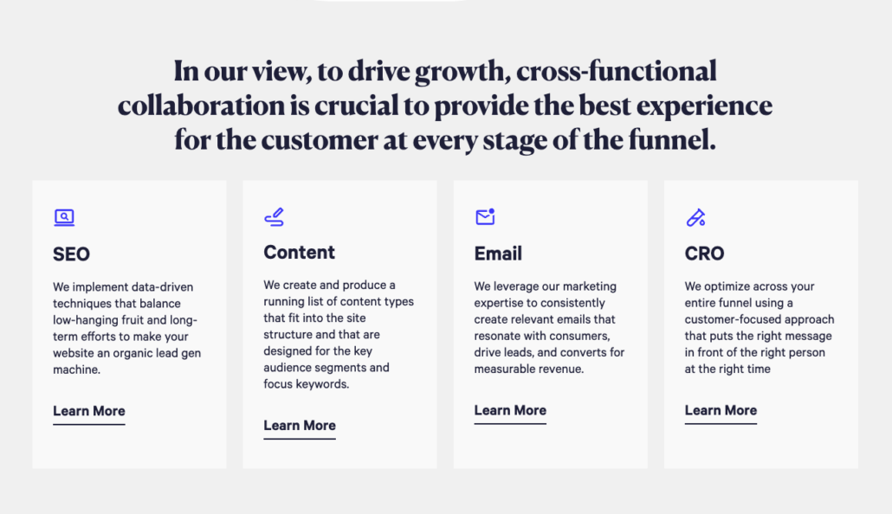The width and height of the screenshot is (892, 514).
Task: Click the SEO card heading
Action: [x=71, y=254]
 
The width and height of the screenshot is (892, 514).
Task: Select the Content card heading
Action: [x=299, y=253]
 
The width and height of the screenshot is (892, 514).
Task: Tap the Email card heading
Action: [x=498, y=254]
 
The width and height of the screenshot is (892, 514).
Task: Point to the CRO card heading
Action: [x=704, y=254]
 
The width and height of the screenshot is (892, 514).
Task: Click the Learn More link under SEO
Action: [x=89, y=411]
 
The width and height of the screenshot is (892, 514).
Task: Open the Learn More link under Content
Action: [x=300, y=426]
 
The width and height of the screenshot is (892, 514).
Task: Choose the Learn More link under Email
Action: [x=510, y=411]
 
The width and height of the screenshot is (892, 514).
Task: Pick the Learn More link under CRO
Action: [x=721, y=411]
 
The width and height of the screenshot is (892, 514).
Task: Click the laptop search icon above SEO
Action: [x=64, y=217]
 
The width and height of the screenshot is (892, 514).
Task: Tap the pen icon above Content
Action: [x=274, y=217]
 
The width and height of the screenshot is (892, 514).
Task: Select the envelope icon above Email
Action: [x=485, y=217]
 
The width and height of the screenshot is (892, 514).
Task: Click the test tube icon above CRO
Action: [x=695, y=217]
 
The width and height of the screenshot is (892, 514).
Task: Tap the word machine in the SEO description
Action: [x=76, y=369]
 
